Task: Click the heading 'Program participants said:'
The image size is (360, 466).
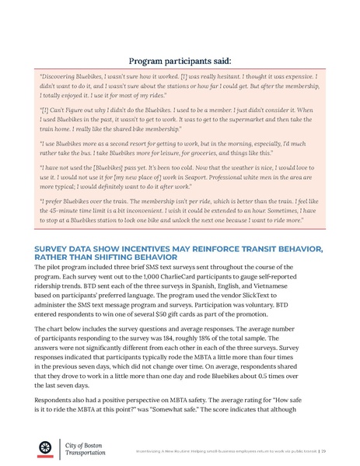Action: (180, 59)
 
